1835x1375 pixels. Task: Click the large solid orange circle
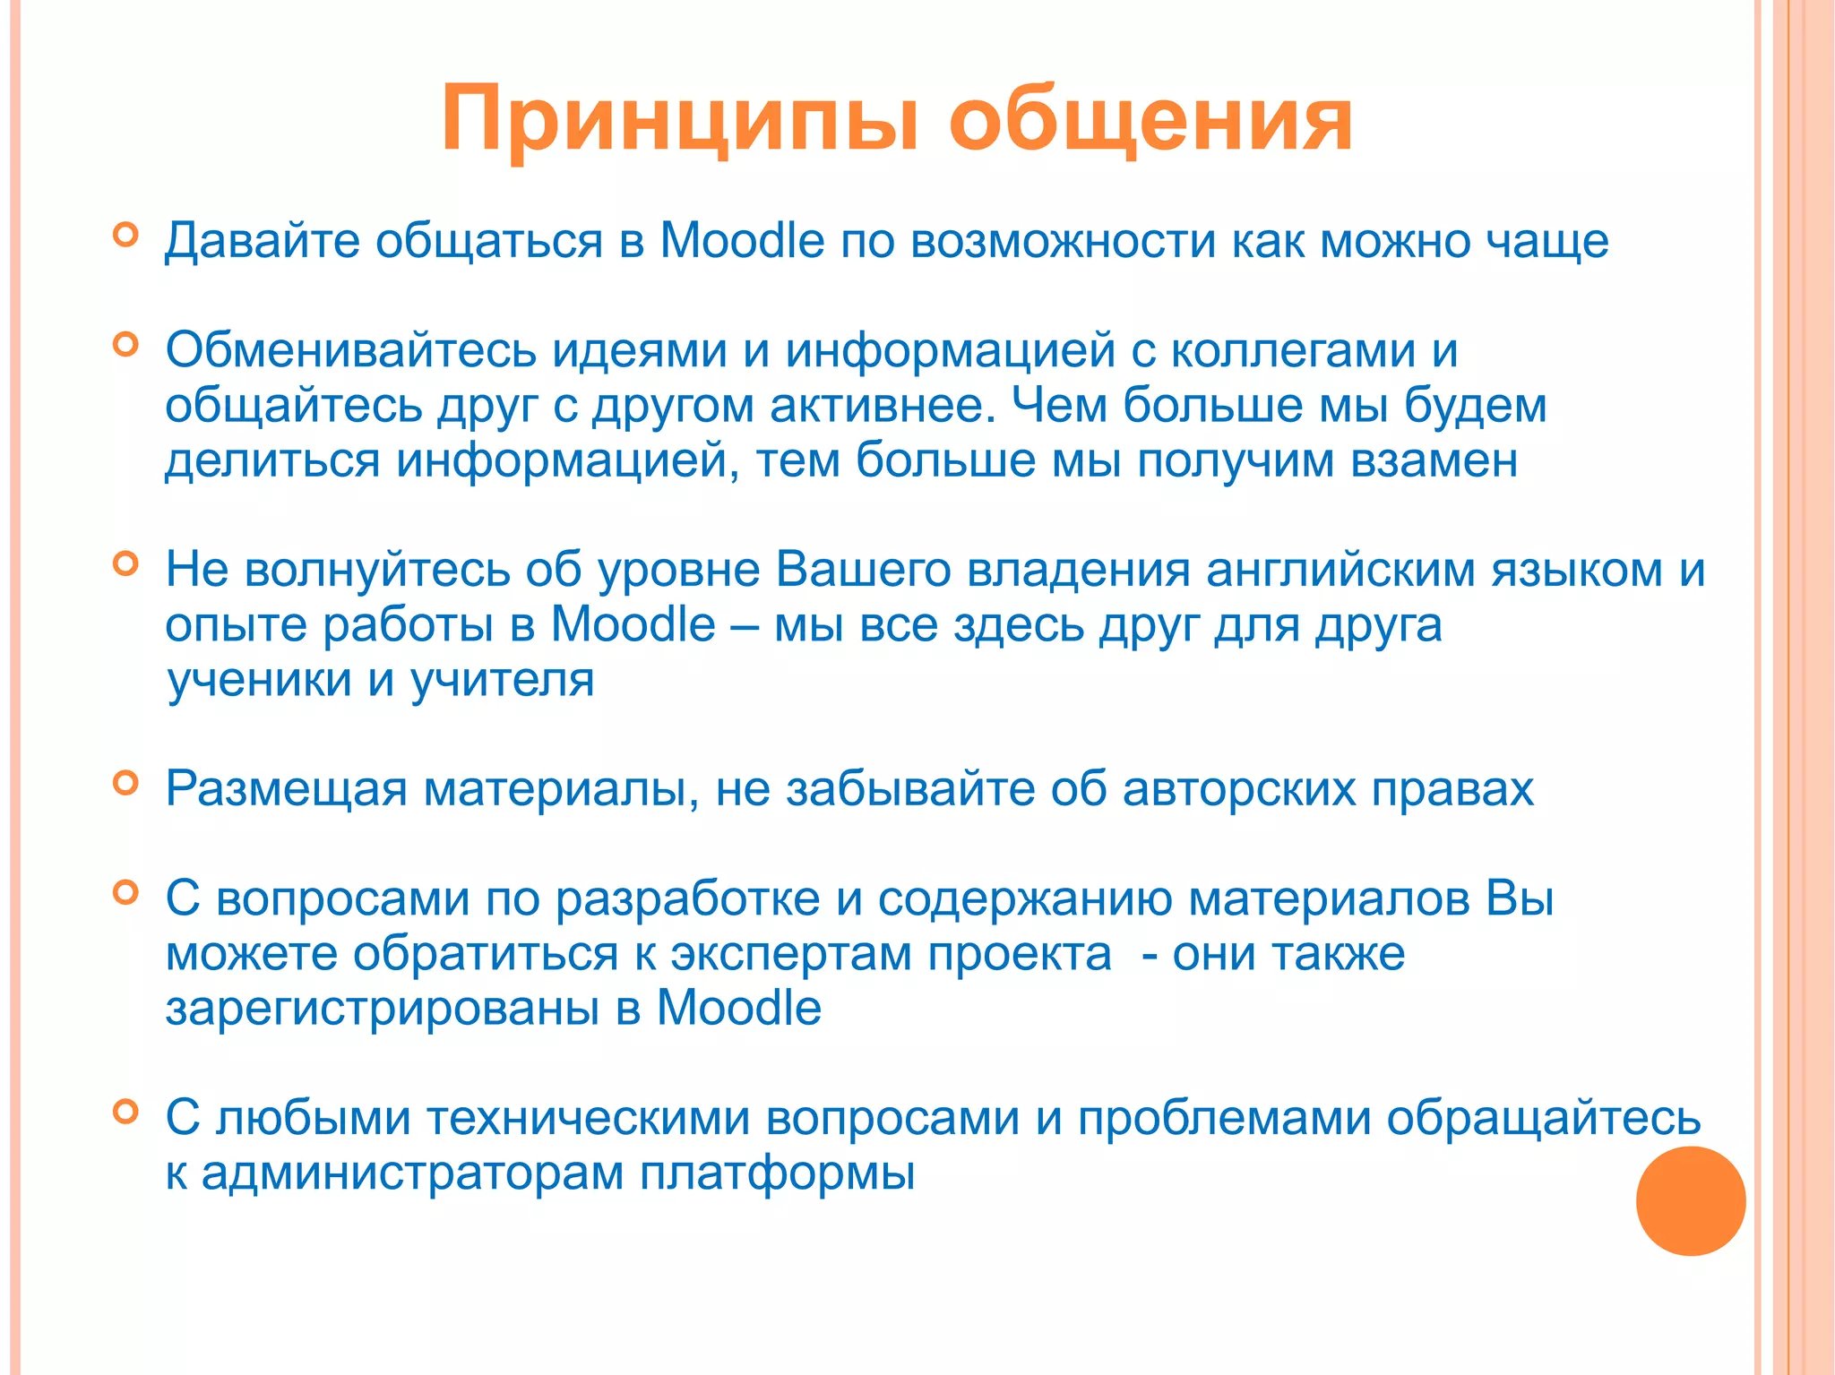tap(1691, 1201)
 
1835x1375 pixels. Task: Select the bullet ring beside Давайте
tap(126, 235)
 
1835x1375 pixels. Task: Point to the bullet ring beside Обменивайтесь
tap(126, 345)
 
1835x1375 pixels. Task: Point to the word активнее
tap(883, 406)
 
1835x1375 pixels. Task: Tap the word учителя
tap(502, 681)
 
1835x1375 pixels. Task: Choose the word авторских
tap(1239, 790)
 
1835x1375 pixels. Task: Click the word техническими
tap(588, 1120)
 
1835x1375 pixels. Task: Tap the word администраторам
tap(412, 1174)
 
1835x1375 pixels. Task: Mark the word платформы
tap(777, 1174)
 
